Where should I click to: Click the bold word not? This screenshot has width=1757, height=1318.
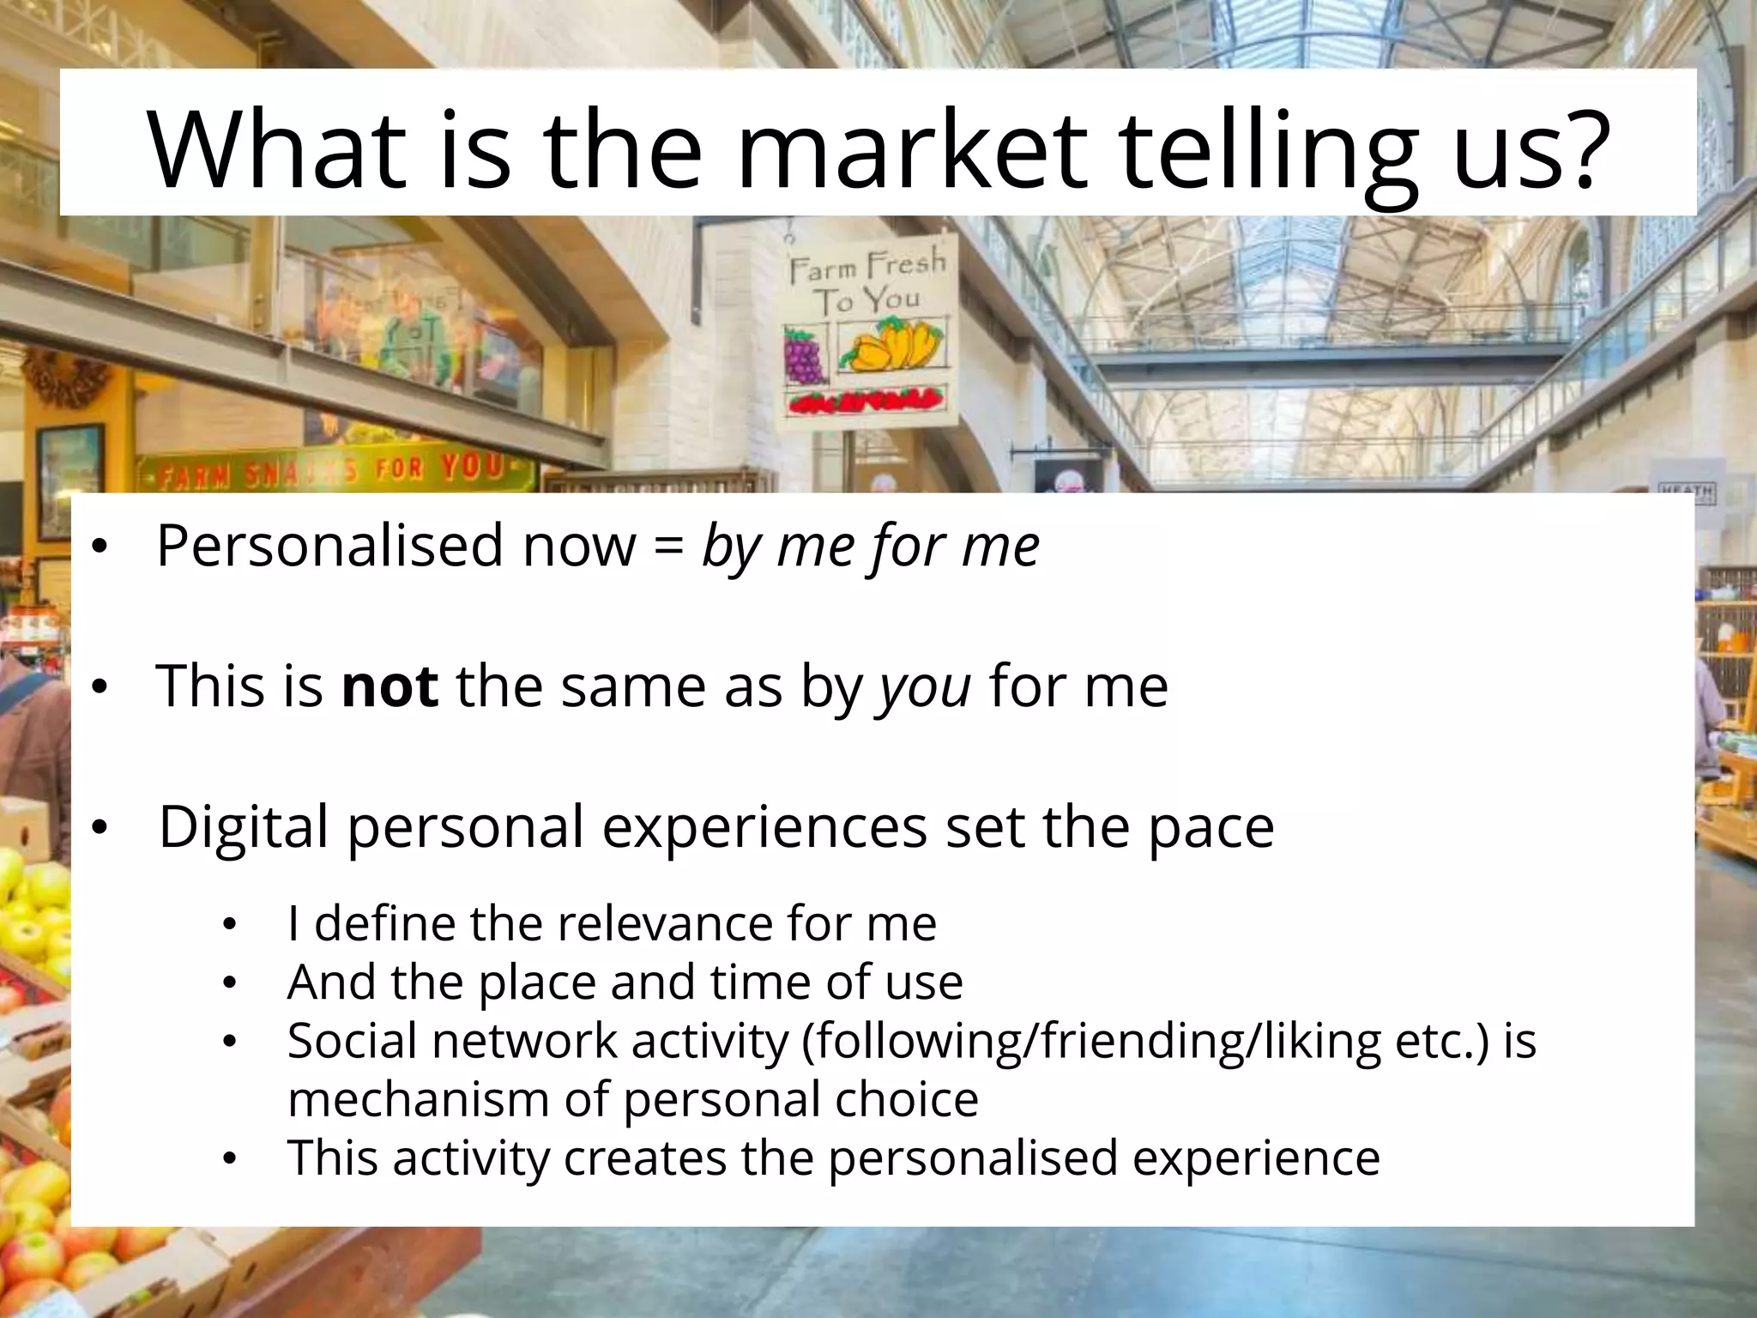pos(390,686)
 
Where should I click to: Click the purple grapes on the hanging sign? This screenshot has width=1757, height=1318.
pos(804,355)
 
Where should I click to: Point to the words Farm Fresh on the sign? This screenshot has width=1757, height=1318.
pos(866,265)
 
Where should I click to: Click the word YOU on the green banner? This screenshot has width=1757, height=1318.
pos(472,467)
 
